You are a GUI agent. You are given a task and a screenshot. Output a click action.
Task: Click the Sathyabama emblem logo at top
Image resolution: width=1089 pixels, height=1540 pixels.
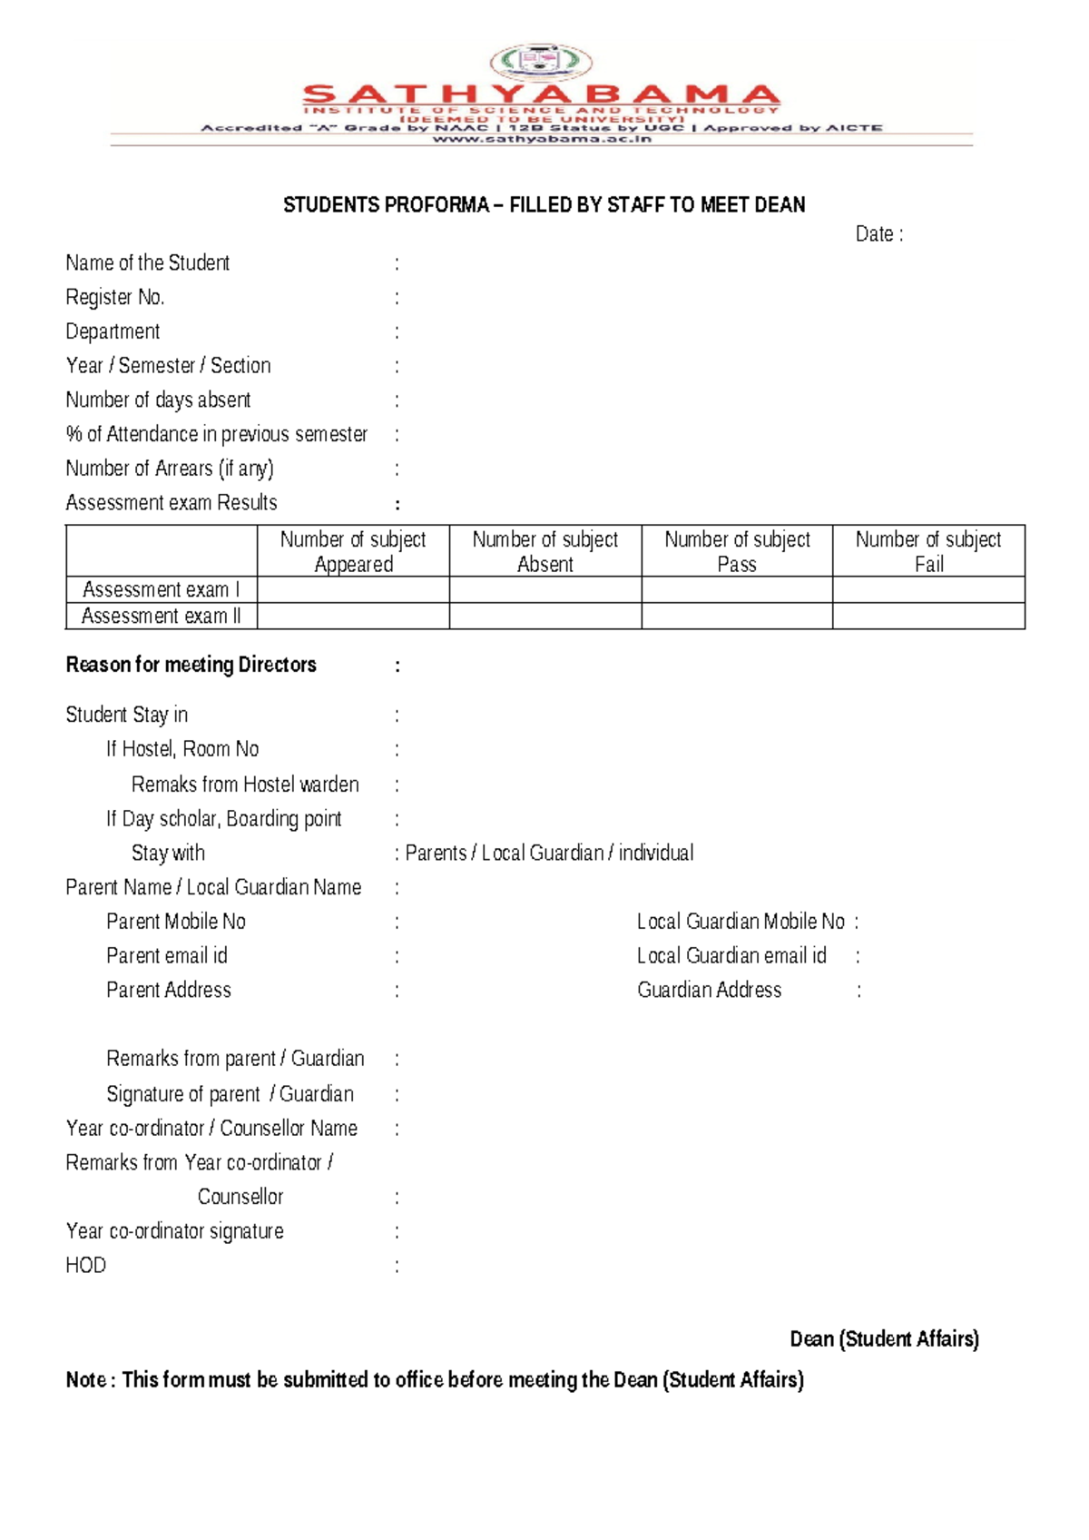point(541,63)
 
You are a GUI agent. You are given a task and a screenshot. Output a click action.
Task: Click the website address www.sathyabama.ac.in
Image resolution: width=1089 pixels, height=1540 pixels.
point(542,139)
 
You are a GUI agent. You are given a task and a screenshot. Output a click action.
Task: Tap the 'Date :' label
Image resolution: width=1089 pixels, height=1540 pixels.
point(878,234)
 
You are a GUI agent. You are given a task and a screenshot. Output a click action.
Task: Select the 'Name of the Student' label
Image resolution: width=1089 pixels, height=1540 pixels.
point(147,263)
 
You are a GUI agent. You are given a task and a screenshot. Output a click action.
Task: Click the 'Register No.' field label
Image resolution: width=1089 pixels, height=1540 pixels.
point(114,298)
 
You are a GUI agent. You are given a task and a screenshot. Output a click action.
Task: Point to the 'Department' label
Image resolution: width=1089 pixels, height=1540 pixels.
point(113,331)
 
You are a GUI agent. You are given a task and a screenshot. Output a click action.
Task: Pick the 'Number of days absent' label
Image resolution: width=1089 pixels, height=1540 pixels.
point(158,400)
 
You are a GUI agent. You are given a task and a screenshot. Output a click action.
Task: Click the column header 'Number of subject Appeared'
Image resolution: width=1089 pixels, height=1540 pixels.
point(353,551)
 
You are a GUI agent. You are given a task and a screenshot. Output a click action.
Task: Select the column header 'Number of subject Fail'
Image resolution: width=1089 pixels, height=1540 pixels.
point(928,551)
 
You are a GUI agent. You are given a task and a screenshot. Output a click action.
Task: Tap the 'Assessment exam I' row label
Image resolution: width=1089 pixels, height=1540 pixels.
point(161,590)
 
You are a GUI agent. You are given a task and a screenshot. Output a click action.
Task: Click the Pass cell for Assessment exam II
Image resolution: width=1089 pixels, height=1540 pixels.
point(736,617)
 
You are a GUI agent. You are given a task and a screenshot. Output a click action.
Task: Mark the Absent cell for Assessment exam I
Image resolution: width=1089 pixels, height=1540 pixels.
point(544,590)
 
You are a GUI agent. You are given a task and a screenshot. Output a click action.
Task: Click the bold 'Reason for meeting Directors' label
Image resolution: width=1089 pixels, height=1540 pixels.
point(191,665)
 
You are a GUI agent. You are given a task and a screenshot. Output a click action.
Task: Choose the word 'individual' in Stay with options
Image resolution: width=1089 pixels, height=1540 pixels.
point(656,854)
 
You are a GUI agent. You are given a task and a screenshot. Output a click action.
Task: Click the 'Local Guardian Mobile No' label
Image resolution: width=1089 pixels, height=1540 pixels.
point(741,922)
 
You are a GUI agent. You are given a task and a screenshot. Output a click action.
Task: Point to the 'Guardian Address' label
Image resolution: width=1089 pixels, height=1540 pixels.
point(709,991)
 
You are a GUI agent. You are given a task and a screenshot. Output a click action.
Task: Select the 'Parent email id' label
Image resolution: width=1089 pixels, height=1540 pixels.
point(167,956)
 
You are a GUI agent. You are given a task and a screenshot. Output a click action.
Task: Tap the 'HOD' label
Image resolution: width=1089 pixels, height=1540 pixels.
point(85,1266)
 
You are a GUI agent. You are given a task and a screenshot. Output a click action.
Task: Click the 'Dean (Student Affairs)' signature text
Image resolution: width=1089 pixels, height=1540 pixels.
point(884,1339)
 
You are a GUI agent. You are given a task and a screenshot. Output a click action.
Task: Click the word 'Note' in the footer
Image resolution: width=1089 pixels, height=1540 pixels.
point(85,1380)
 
